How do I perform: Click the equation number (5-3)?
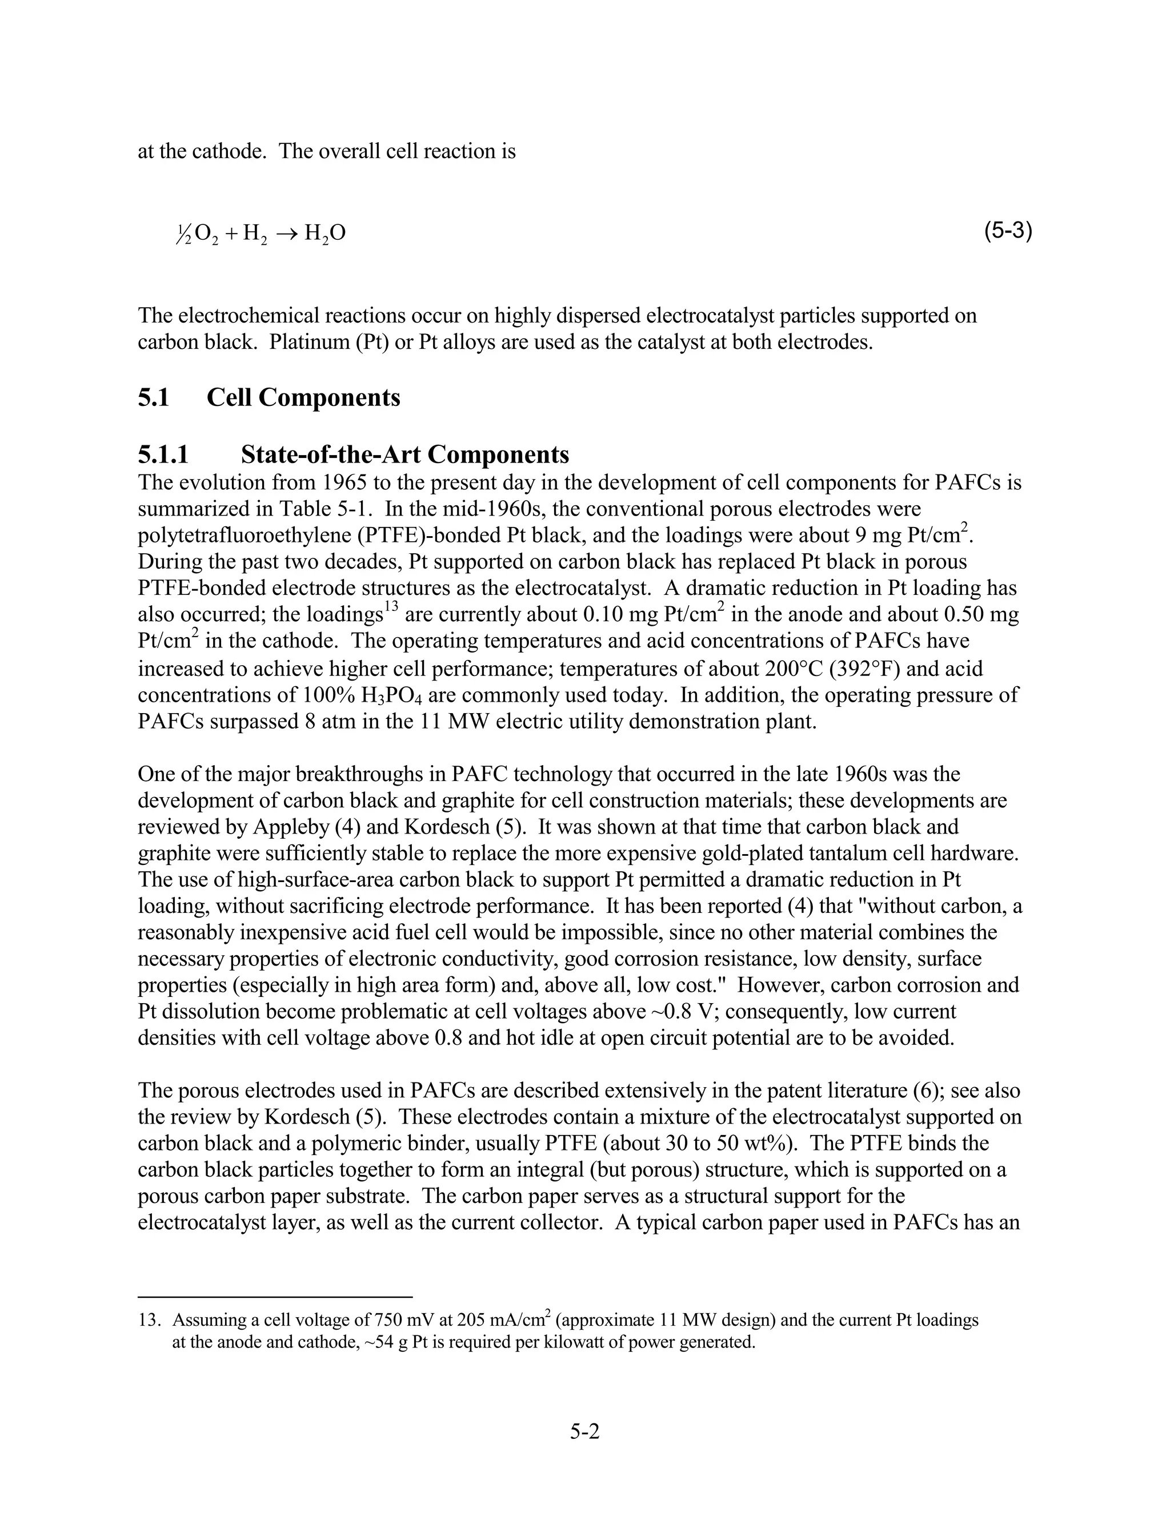(x=1008, y=231)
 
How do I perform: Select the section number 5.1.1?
(x=163, y=454)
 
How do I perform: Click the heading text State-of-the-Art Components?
(x=405, y=454)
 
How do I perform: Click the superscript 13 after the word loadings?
(x=392, y=608)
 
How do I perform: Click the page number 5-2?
(x=584, y=1432)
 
